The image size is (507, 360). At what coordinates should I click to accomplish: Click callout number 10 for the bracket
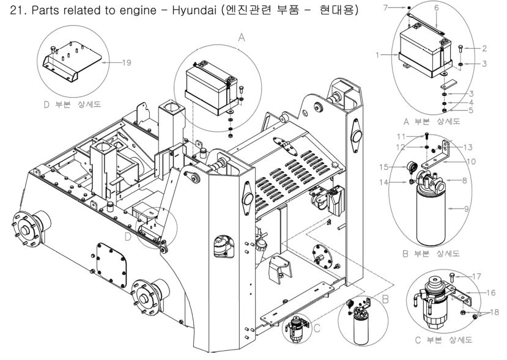(470, 161)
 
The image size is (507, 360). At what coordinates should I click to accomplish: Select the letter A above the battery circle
(241, 37)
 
